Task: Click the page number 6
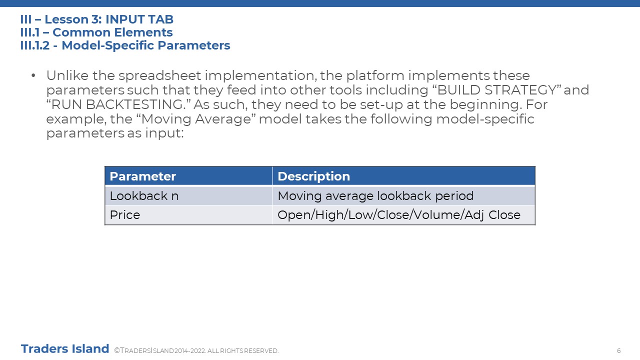coord(618,350)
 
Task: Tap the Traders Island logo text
coord(65,349)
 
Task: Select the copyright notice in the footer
coord(196,350)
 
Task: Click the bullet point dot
coord(33,75)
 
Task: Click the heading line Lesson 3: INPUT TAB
coord(97,19)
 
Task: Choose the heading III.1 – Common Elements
coord(96,32)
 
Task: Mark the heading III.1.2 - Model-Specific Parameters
coord(125,45)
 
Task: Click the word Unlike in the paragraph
coord(67,75)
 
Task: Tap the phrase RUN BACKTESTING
coord(118,104)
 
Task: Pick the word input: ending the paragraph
coord(164,133)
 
